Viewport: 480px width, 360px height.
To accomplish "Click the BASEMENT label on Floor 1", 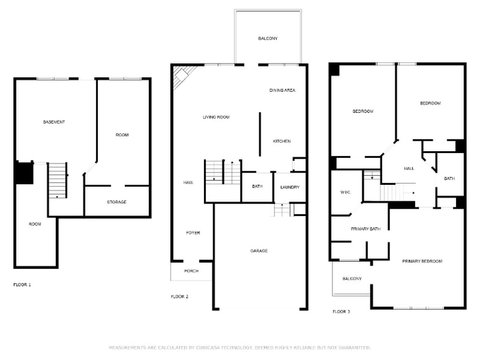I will click(x=54, y=122).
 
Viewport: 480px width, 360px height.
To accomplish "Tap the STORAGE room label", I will click(x=116, y=202).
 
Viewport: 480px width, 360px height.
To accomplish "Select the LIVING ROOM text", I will click(x=216, y=117).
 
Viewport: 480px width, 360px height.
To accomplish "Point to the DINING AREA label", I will click(x=282, y=90).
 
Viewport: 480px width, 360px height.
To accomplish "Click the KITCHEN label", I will click(x=282, y=141).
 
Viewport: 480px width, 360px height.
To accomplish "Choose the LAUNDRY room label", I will click(x=290, y=187).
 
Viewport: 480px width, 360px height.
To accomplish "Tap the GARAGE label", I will click(x=258, y=250).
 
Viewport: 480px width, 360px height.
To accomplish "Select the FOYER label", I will click(x=193, y=233).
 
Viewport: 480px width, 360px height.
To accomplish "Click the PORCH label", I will click(x=192, y=271).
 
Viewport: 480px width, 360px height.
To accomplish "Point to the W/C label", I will click(x=345, y=192).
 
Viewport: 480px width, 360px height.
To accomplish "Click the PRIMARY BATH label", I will click(x=366, y=229).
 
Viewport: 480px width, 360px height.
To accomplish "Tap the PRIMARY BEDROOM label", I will click(x=422, y=261).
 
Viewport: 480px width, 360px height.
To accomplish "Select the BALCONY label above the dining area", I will click(x=268, y=39).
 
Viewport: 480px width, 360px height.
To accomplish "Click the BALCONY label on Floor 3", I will click(x=351, y=279).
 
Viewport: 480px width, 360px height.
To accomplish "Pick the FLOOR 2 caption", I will click(x=179, y=296).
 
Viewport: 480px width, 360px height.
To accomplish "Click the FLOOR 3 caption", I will click(x=341, y=312).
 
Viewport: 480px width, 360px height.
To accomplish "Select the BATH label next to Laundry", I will click(x=257, y=186).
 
